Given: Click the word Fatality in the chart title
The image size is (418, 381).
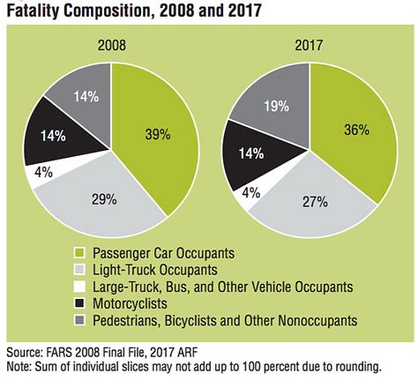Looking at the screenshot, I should (x=36, y=12).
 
